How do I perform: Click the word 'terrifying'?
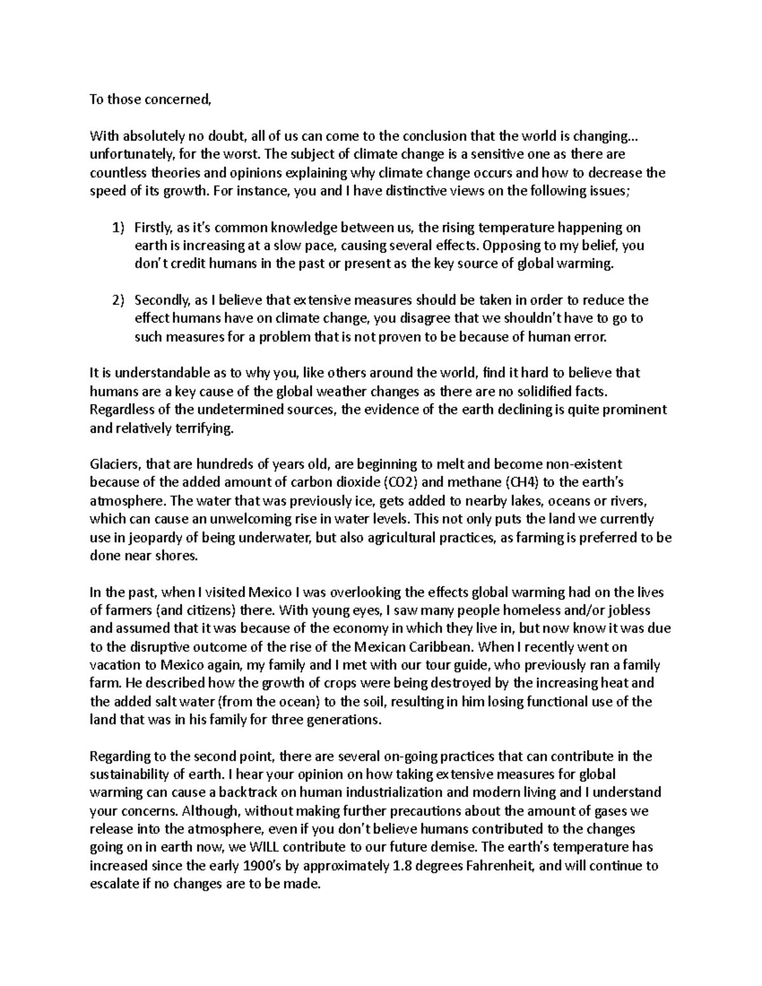tap(201, 429)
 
